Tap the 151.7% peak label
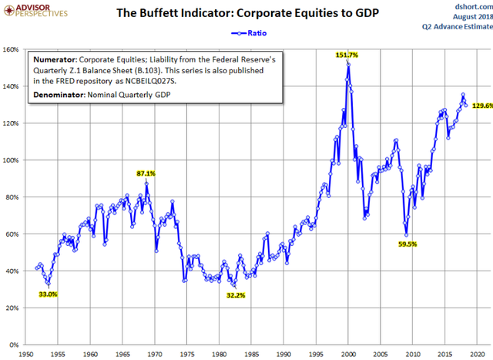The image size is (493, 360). pos(347,55)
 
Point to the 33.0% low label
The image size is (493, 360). pos(48,294)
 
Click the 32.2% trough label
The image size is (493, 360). pos(236,294)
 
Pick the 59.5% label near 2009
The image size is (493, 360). pos(407,244)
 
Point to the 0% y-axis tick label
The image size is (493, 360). pos(14,345)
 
